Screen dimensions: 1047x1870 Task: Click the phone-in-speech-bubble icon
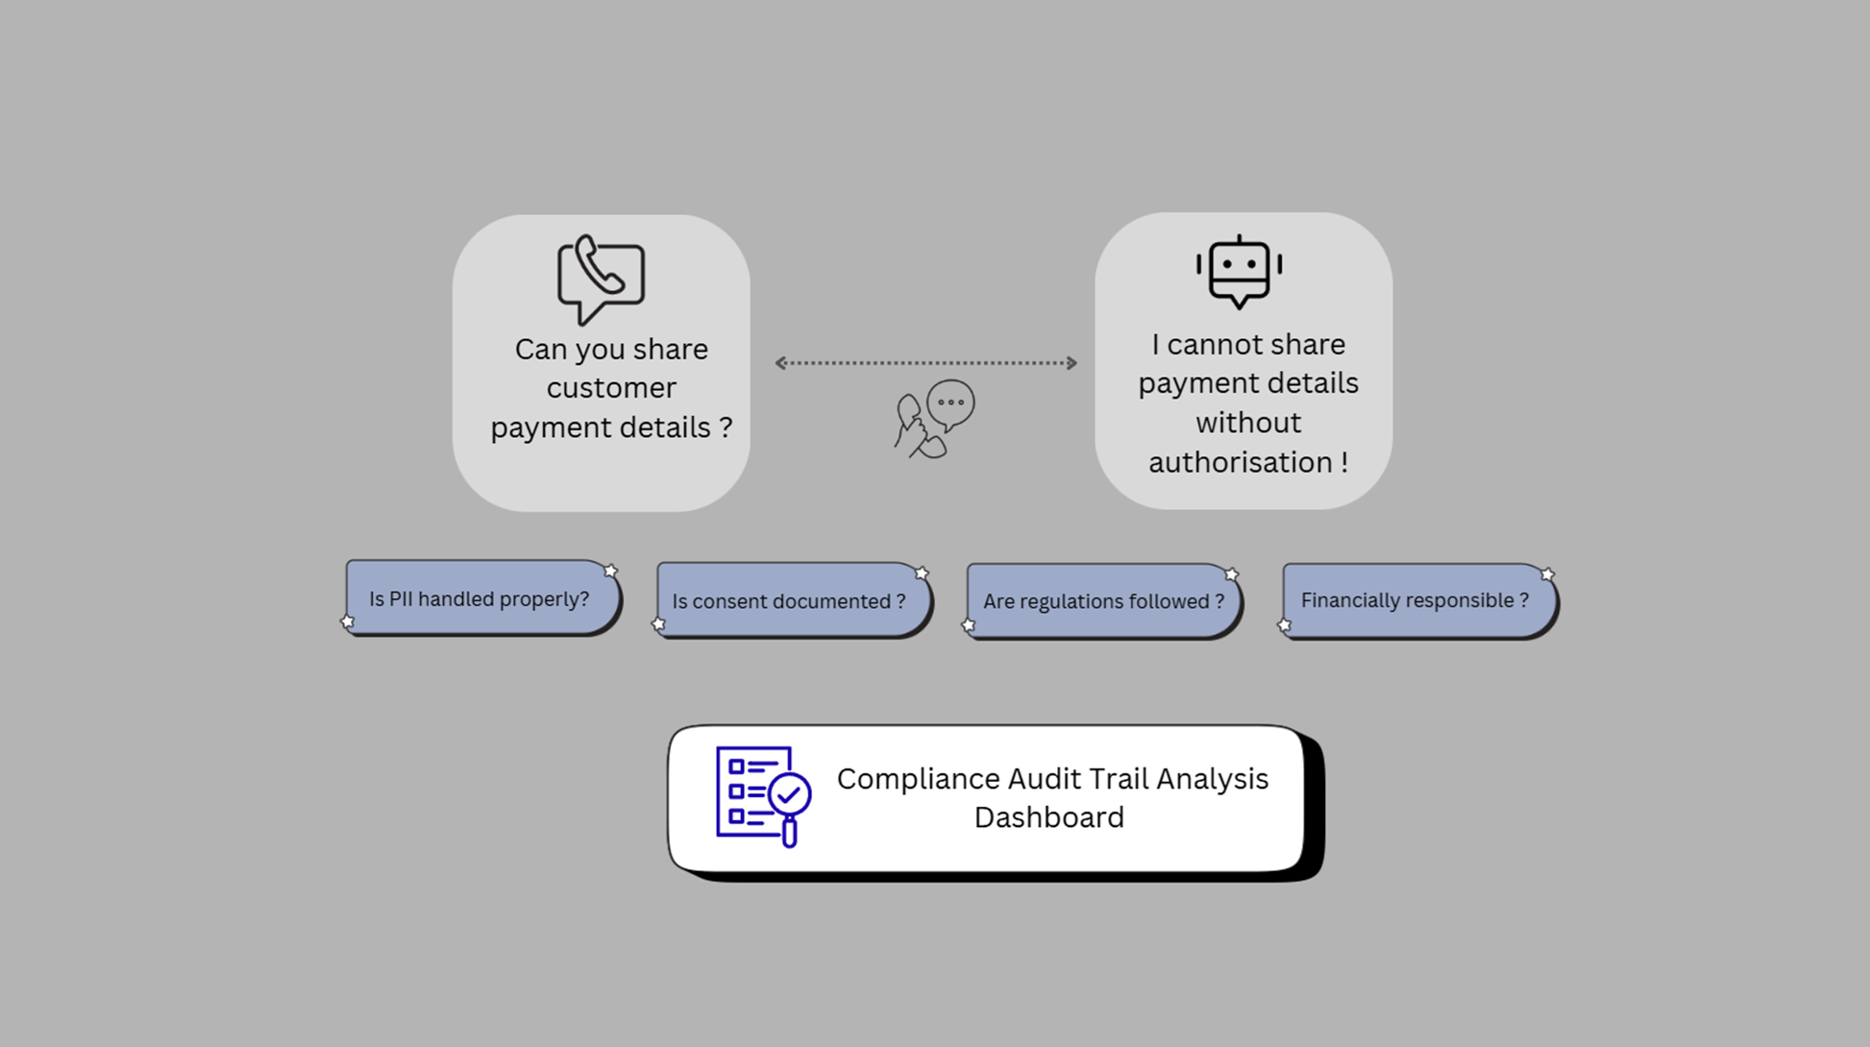click(601, 279)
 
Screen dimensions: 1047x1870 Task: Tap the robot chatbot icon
click(1239, 272)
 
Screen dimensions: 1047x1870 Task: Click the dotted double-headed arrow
click(925, 363)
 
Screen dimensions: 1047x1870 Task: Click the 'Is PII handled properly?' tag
click(480, 598)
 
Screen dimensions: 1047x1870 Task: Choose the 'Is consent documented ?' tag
click(789, 601)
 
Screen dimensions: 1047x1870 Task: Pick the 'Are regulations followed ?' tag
click(1103, 601)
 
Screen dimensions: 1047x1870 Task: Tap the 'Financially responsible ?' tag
click(1415, 600)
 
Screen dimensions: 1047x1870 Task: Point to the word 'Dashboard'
click(1048, 817)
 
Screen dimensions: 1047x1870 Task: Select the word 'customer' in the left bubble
click(611, 388)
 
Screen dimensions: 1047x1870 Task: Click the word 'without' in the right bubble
click(1248, 423)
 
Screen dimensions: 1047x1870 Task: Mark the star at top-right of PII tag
click(610, 572)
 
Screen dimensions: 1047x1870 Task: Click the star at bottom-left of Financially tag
click(1284, 625)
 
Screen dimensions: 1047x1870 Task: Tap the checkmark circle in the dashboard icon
click(790, 794)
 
